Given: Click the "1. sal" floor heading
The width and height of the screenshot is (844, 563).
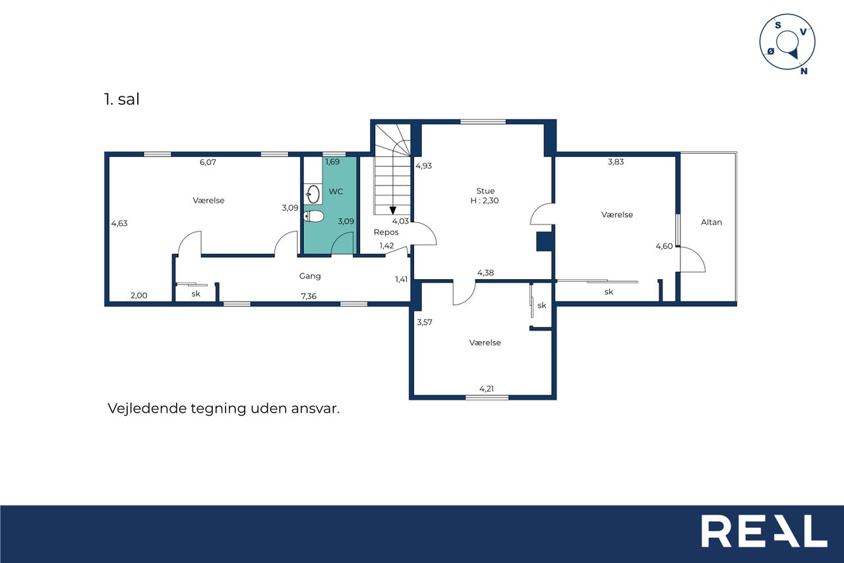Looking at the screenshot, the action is pyautogui.click(x=122, y=99).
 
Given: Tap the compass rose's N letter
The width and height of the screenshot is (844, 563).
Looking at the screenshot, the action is pyautogui.click(x=804, y=71).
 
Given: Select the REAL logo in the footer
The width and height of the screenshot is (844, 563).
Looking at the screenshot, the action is pyautogui.click(x=764, y=531).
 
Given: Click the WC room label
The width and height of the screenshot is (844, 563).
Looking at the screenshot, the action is pyautogui.click(x=336, y=191).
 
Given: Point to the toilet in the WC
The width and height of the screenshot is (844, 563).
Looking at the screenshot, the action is pyautogui.click(x=313, y=216).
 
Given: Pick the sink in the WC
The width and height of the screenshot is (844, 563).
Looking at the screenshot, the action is pyautogui.click(x=313, y=194).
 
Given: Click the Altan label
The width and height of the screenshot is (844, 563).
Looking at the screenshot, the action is pyautogui.click(x=711, y=222).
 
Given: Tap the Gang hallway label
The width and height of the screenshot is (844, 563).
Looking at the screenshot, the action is pyautogui.click(x=310, y=276).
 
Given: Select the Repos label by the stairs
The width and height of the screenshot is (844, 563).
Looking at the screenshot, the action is pyautogui.click(x=386, y=232).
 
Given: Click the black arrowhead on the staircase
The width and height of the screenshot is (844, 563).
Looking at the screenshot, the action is pyautogui.click(x=392, y=211).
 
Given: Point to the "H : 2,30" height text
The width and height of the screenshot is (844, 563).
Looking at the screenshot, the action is pyautogui.click(x=485, y=201).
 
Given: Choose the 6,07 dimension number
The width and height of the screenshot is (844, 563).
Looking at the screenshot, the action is pyautogui.click(x=208, y=162).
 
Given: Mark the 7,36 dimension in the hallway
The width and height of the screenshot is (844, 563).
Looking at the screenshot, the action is pyautogui.click(x=309, y=296).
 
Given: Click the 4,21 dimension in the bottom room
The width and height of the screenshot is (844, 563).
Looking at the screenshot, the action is pyautogui.click(x=487, y=388).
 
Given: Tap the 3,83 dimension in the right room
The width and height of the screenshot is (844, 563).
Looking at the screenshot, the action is pyautogui.click(x=616, y=162).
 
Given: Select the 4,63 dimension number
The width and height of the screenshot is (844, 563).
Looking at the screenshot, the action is pyautogui.click(x=119, y=223).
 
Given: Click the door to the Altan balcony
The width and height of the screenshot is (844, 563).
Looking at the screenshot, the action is pyautogui.click(x=692, y=259).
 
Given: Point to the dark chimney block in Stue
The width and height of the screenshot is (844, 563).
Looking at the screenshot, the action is pyautogui.click(x=544, y=242).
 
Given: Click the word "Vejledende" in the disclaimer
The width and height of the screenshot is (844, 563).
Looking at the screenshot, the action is pyautogui.click(x=147, y=409).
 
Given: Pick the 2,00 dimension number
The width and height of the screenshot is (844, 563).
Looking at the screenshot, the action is pyautogui.click(x=138, y=296).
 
